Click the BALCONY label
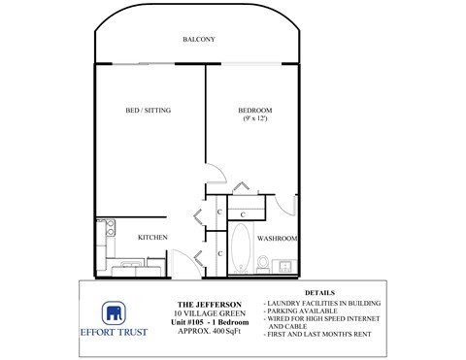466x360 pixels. click(x=198, y=40)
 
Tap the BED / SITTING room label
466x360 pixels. click(x=149, y=111)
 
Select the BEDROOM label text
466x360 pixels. click(x=256, y=110)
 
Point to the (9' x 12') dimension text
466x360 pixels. click(x=256, y=119)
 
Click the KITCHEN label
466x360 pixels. click(x=152, y=237)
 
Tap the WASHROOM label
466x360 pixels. click(x=278, y=238)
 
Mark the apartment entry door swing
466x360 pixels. click(x=182, y=263)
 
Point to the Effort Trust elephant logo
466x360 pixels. click(x=115, y=312)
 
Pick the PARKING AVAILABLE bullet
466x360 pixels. click(x=311, y=311)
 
